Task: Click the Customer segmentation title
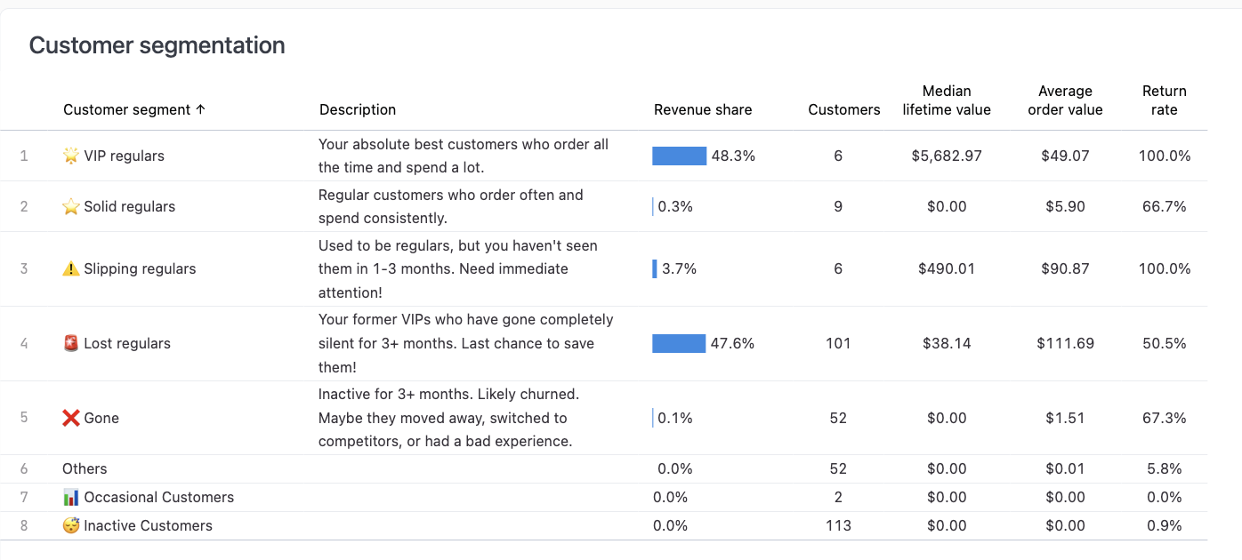[157, 45]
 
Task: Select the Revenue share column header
[703, 110]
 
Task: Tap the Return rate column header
[1164, 100]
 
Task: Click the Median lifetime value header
[947, 100]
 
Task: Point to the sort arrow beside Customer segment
[200, 110]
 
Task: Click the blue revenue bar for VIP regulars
[679, 156]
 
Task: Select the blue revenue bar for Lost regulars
[678, 343]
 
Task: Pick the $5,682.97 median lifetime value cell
[947, 156]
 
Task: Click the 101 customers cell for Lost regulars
[838, 343]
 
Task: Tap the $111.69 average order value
[1065, 343]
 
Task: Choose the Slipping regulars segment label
[140, 268]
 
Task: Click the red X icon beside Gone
[71, 418]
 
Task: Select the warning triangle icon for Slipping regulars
[71, 268]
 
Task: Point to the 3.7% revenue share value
[680, 268]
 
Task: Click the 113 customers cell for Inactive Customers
[838, 525]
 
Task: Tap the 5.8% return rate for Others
[1164, 468]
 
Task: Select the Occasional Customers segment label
[158, 497]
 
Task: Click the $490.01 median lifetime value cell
[947, 268]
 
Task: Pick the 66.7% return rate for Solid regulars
[1164, 206]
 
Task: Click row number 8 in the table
[24, 525]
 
